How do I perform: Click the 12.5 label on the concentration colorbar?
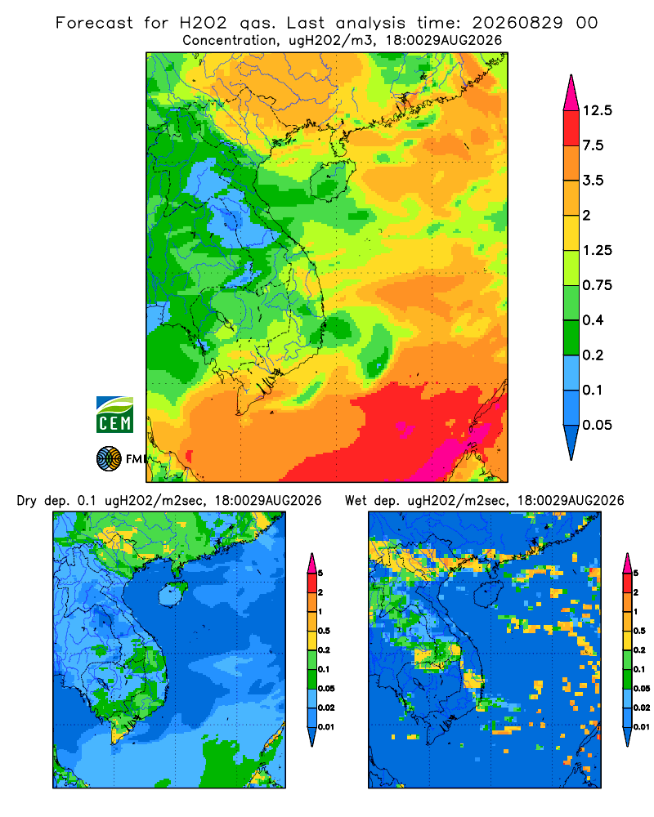pos(597,110)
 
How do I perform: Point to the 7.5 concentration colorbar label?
pos(593,145)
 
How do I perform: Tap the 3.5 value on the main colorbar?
pos(593,181)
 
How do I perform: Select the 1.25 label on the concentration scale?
pos(597,250)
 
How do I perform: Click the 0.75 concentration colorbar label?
pos(597,285)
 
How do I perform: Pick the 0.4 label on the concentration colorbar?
pos(593,320)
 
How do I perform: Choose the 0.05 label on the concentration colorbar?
pos(597,425)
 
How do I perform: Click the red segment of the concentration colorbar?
pos(571,128)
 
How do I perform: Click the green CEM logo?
pos(114,414)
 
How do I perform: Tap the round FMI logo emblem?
pos(109,459)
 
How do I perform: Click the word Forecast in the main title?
pos(94,23)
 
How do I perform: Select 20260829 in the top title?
pos(517,23)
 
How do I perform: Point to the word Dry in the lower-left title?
pos(27,502)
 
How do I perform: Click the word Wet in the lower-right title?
pos(356,501)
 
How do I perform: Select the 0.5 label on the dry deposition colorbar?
pos(324,631)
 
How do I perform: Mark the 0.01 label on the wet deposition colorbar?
pos(642,727)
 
